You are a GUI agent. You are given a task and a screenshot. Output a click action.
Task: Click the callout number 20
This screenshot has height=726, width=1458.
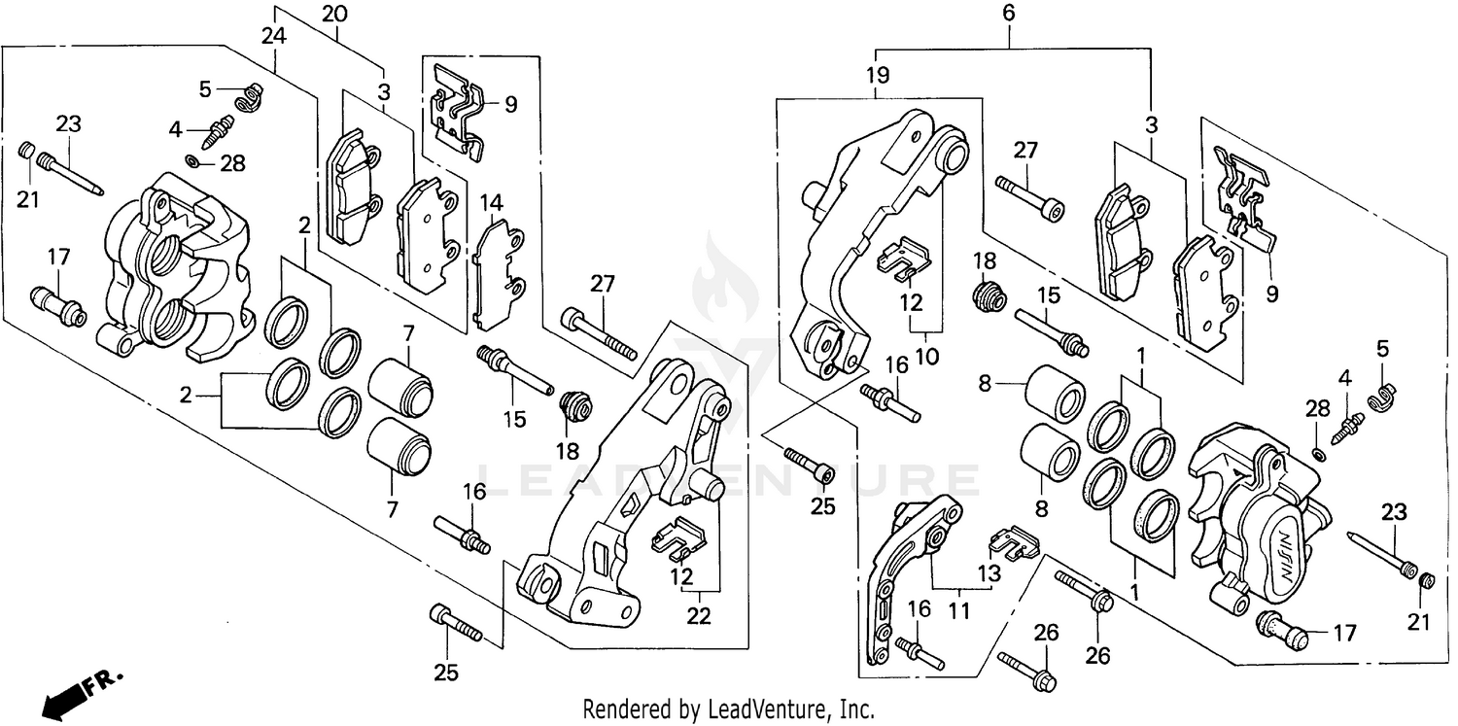332,15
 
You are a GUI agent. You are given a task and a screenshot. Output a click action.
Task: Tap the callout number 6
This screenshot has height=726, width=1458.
1008,15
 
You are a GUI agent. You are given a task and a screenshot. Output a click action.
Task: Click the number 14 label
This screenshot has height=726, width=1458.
492,204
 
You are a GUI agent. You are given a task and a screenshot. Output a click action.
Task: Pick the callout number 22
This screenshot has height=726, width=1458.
699,615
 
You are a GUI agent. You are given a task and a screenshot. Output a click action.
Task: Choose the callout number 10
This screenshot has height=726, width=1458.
925,356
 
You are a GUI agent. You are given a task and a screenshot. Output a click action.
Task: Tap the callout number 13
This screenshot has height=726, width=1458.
989,574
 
